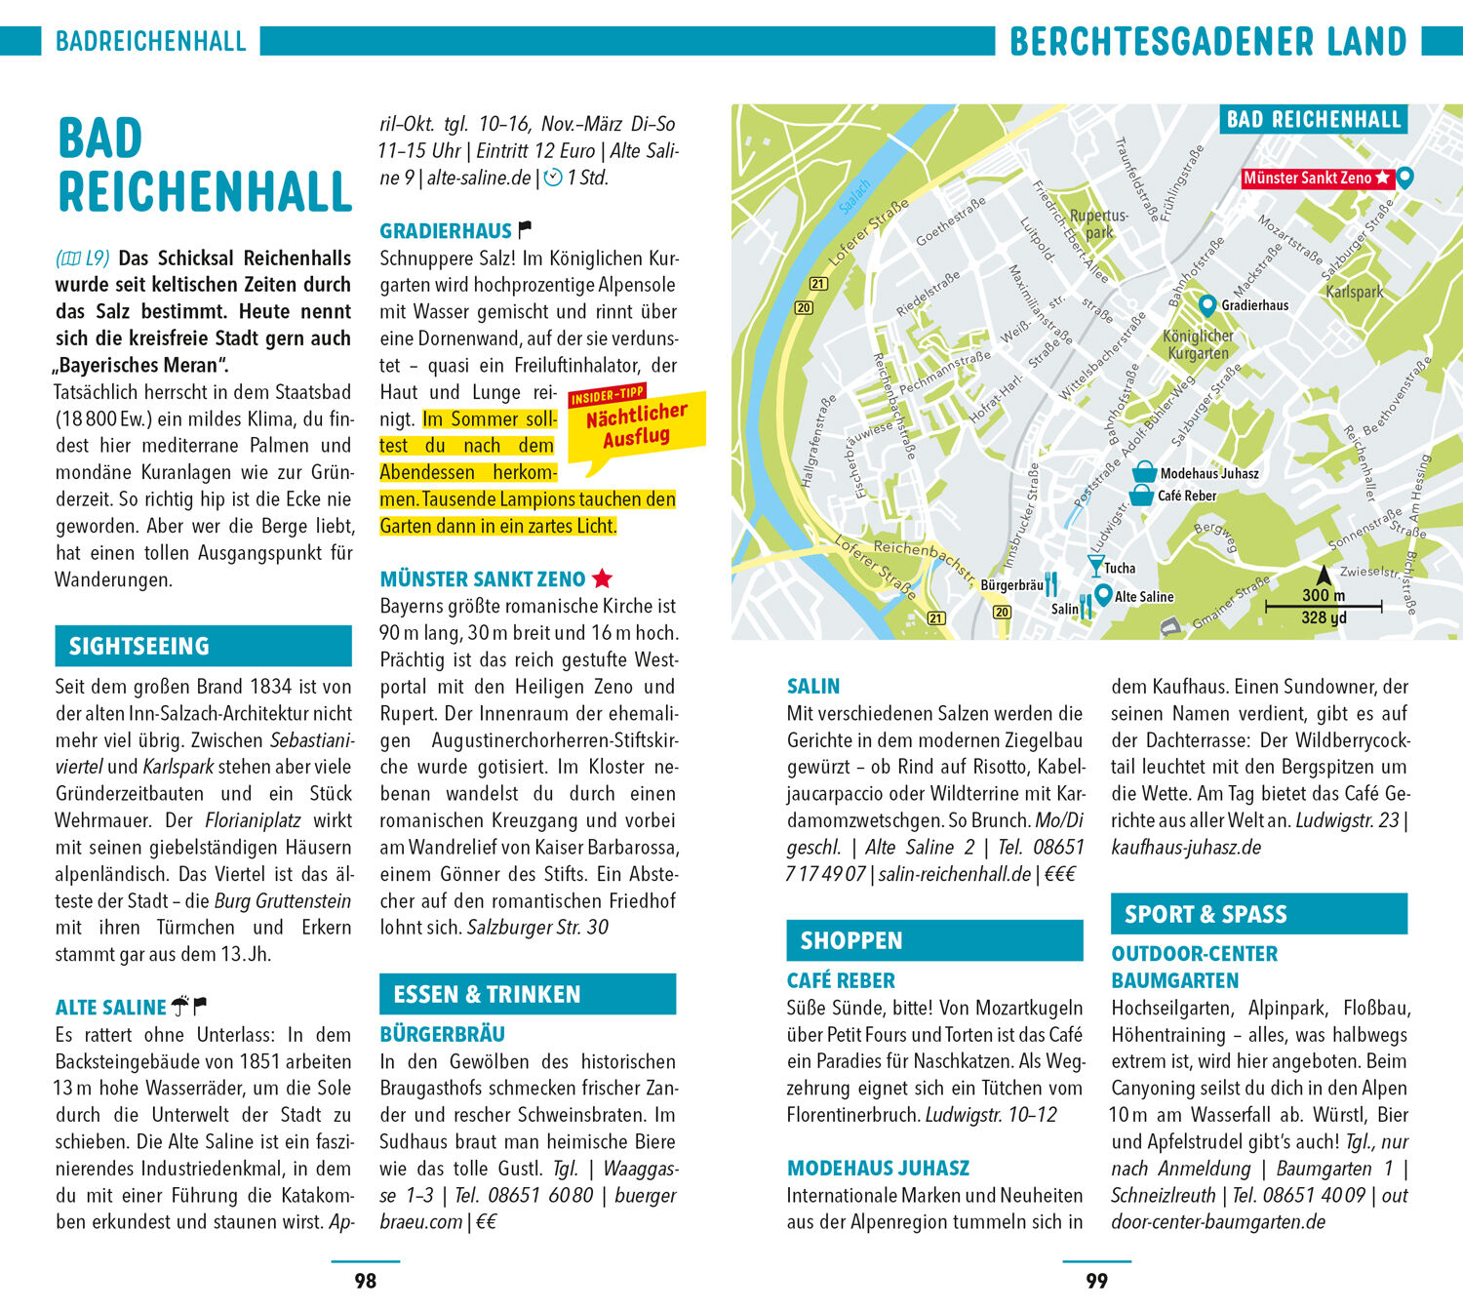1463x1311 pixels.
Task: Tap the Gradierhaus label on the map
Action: pyautogui.click(x=1254, y=305)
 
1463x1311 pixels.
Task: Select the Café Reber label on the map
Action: pyautogui.click(x=1187, y=496)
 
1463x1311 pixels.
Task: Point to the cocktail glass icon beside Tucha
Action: pyautogui.click(x=1095, y=566)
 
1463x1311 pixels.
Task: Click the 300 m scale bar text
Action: pyautogui.click(x=1323, y=595)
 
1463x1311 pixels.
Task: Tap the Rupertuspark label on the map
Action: pyautogui.click(x=1099, y=223)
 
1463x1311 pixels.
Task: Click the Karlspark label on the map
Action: pyautogui.click(x=1354, y=292)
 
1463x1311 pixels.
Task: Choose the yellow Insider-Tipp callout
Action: pyautogui.click(x=636, y=425)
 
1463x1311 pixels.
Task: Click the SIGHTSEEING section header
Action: pyautogui.click(x=203, y=646)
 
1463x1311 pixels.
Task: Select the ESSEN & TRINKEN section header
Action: pyautogui.click(x=527, y=994)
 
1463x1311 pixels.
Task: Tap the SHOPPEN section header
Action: pyautogui.click(x=934, y=940)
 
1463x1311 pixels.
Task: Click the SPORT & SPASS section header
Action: pyautogui.click(x=1258, y=914)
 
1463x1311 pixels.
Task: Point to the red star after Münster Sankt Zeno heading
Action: pyautogui.click(x=603, y=578)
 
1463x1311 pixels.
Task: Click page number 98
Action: pyautogui.click(x=365, y=1281)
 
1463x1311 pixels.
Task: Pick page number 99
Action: pyautogui.click(x=1096, y=1281)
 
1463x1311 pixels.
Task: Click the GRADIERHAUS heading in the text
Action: pyautogui.click(x=446, y=231)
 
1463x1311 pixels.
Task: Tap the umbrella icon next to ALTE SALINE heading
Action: pyautogui.click(x=180, y=1006)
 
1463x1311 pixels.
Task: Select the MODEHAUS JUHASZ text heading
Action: pyautogui.click(x=878, y=1168)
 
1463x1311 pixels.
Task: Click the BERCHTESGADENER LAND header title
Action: pyautogui.click(x=1207, y=42)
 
